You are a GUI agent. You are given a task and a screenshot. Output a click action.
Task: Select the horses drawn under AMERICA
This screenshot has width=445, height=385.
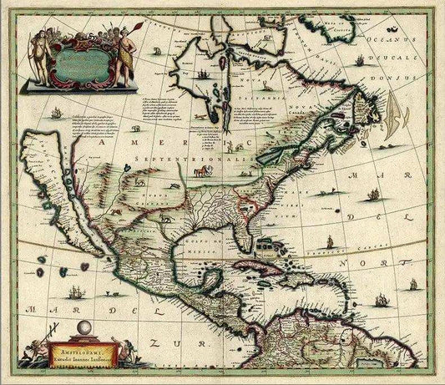pos(200,171)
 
